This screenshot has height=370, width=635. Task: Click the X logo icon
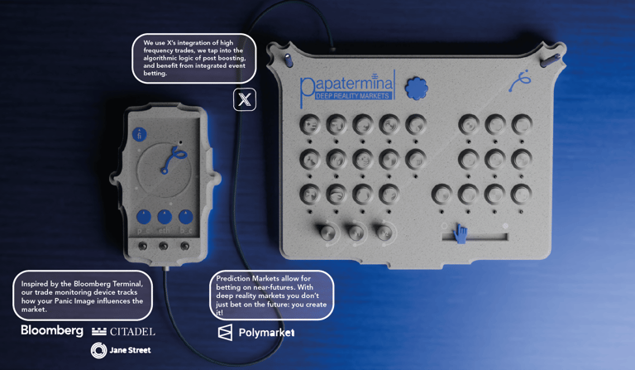pos(245,99)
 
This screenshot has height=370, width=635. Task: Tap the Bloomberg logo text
pos(52,331)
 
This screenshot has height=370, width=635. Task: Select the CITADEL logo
pos(123,332)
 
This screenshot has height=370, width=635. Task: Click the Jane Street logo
pos(121,350)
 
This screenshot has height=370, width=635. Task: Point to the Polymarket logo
pos(256,333)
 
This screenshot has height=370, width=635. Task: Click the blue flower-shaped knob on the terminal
pos(417,88)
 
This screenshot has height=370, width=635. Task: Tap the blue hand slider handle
pos(460,233)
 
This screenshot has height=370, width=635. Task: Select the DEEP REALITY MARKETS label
pos(352,96)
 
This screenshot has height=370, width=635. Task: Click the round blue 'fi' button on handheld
pos(139,135)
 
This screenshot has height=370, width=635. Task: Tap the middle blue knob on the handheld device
pos(164,217)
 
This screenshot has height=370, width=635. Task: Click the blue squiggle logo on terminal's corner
pos(520,80)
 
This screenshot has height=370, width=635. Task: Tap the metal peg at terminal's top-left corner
pos(288,60)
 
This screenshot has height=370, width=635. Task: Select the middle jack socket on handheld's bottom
pos(163,246)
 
